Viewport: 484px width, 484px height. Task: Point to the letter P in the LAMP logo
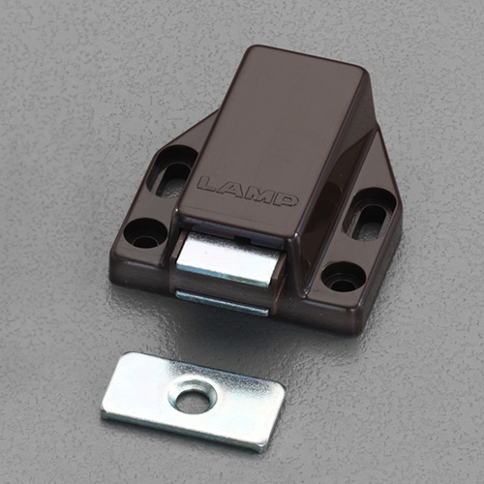click(285, 200)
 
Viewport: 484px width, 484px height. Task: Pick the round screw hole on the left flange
click(145, 234)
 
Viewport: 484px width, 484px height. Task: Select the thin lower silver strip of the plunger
click(222, 303)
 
